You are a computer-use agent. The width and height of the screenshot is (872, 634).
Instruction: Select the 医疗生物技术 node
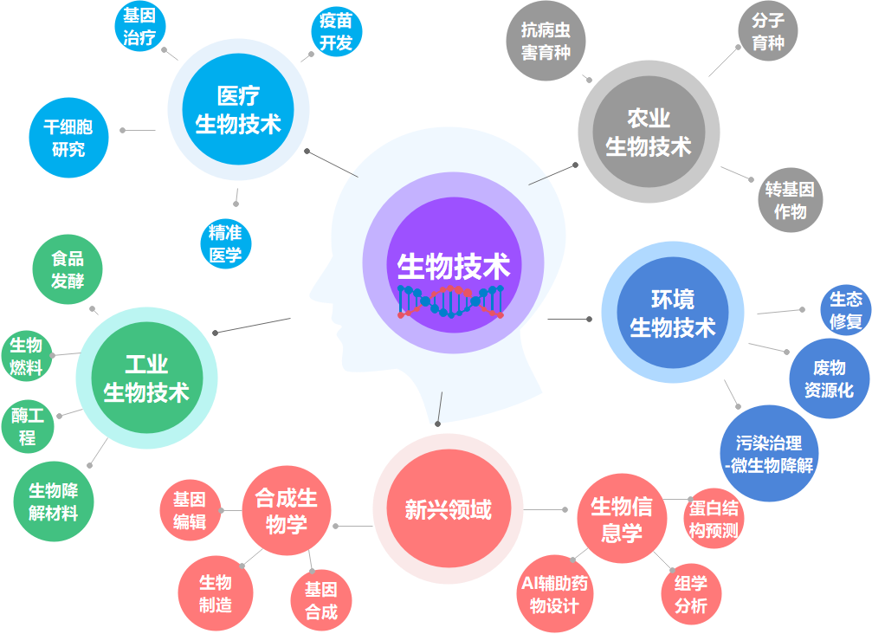pyautogui.click(x=238, y=109)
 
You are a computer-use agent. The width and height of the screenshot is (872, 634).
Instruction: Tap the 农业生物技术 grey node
pyautogui.click(x=648, y=132)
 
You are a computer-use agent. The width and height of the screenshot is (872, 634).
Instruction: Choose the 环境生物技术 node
pyautogui.click(x=673, y=314)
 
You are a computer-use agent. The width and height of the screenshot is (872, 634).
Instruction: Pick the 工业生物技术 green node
pyautogui.click(x=145, y=379)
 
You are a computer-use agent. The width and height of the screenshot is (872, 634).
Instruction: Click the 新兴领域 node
pyautogui.click(x=448, y=508)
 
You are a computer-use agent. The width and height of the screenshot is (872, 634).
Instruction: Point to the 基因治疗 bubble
pyautogui.click(x=139, y=26)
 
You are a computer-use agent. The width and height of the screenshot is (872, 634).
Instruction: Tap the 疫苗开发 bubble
pyautogui.click(x=336, y=32)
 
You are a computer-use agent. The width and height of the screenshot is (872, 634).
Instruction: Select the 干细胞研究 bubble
pyautogui.click(x=68, y=139)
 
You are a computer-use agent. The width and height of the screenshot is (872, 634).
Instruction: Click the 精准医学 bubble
pyautogui.click(x=225, y=243)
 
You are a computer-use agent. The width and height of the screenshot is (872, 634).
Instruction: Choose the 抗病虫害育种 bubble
pyautogui.click(x=546, y=41)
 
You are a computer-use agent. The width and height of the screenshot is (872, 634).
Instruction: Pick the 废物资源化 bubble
pyautogui.click(x=829, y=378)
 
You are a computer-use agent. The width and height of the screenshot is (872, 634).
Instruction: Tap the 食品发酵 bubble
pyautogui.click(x=68, y=269)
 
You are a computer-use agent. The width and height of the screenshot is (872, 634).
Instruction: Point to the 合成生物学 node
pyautogui.click(x=287, y=510)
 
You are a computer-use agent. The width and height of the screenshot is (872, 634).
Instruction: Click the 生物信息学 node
pyautogui.click(x=621, y=519)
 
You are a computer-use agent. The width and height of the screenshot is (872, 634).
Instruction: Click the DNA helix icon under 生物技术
pyautogui.click(x=451, y=301)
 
